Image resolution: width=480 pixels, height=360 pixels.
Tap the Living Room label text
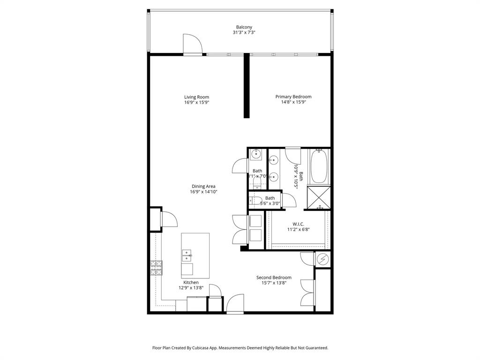(196, 97)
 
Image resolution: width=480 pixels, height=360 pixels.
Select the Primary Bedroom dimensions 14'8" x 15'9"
(293, 102)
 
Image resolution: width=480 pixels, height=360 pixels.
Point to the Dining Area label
(203, 186)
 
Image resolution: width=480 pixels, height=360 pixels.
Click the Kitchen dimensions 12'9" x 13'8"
(191, 288)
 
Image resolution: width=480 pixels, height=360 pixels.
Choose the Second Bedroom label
(274, 277)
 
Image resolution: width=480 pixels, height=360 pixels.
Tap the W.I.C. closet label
(299, 224)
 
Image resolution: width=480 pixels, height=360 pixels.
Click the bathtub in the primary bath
(319, 166)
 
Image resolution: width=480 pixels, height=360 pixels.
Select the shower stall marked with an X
(319, 197)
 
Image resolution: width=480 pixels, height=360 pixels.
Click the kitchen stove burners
(156, 268)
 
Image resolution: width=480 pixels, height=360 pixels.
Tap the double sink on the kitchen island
(187, 255)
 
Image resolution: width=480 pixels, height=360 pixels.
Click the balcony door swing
(192, 45)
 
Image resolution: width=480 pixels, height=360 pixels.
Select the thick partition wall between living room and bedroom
(246, 86)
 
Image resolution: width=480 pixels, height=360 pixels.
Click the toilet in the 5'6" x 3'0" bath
(255, 201)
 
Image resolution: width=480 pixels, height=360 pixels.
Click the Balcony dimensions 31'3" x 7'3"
(243, 32)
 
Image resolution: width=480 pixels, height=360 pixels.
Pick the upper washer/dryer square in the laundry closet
(256, 220)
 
